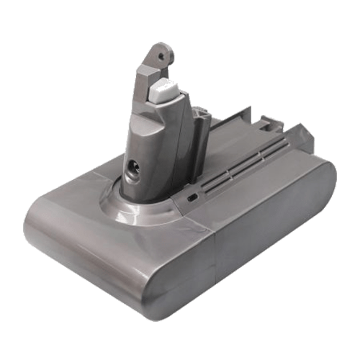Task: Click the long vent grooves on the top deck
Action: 227,183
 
